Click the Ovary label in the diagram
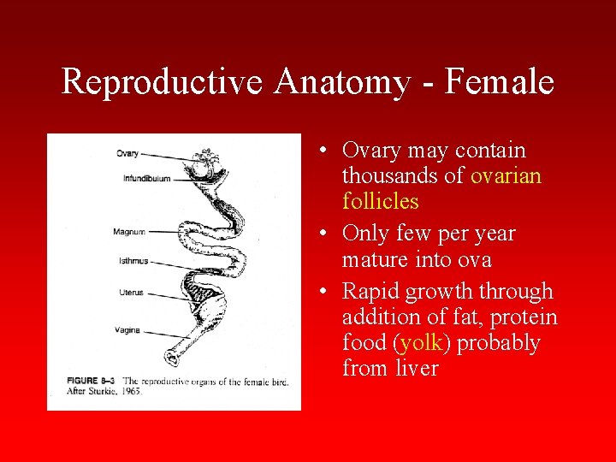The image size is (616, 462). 127,154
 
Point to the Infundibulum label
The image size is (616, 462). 146,179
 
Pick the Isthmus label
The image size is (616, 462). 133,261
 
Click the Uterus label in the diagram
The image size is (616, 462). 131,293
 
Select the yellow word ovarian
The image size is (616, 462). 506,176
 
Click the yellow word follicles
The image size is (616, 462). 380,202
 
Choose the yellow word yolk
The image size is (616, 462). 422,343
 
